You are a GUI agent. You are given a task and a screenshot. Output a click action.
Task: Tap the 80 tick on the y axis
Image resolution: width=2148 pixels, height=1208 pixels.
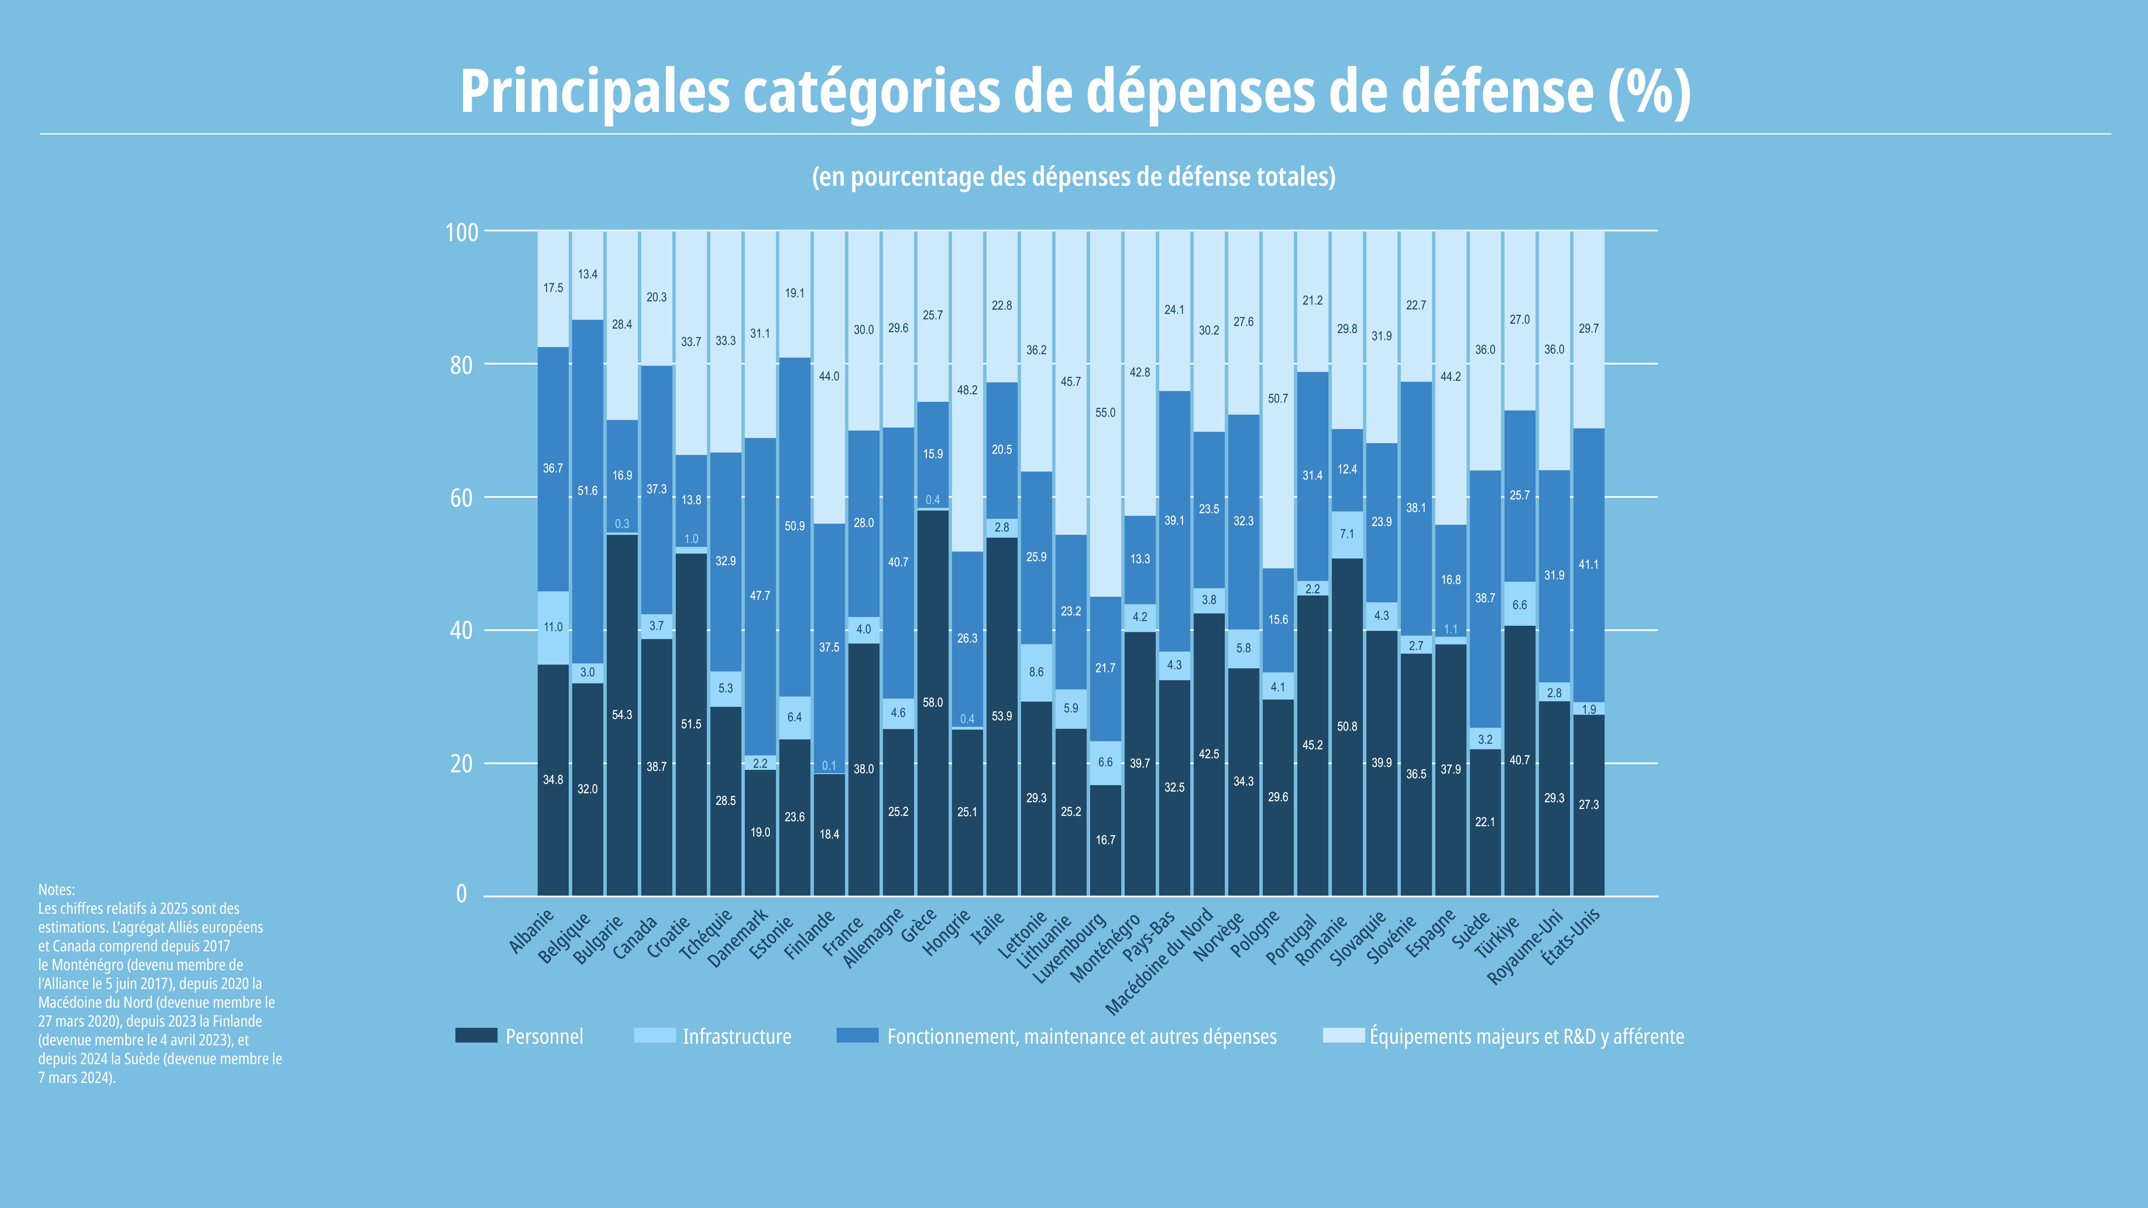point(461,365)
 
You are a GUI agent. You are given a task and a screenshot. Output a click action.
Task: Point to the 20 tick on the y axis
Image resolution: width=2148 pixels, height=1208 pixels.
point(461,764)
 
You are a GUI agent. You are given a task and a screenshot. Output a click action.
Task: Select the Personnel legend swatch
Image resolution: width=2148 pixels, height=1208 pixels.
point(476,1035)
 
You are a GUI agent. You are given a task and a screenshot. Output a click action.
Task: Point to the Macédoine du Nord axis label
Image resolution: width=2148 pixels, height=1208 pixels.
point(1159,962)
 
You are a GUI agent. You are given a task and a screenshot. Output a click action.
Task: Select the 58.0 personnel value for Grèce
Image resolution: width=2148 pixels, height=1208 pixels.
point(932,703)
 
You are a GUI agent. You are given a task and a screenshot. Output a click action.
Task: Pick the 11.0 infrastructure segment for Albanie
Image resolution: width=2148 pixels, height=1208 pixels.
point(553,628)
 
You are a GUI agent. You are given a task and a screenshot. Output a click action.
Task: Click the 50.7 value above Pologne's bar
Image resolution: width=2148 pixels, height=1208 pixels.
point(1278,398)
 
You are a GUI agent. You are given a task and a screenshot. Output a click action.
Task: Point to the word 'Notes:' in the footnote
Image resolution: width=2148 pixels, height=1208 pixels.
point(57,890)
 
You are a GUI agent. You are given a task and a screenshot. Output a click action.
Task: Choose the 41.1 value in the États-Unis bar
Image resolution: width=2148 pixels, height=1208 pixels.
point(1588,564)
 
